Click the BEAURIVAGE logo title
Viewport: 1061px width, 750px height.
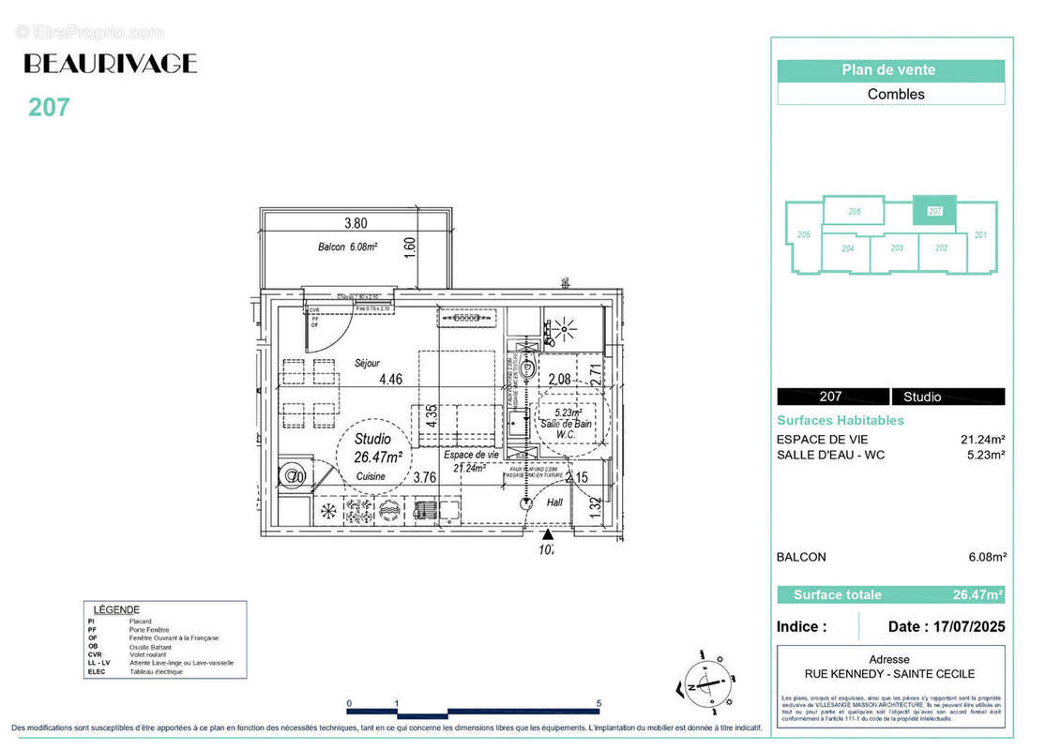coord(110,64)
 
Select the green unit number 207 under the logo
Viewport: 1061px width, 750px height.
coord(49,108)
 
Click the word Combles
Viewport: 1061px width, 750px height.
coord(895,94)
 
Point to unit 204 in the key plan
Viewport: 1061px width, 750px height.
coord(847,249)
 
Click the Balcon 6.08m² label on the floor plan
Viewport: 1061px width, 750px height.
coord(346,247)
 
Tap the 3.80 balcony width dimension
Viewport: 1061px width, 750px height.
coord(355,223)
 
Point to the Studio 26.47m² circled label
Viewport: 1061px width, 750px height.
coord(378,448)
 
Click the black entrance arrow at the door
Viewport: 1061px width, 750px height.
coord(548,533)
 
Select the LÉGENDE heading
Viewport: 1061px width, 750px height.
coord(112,609)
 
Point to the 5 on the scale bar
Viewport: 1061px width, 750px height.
coord(599,702)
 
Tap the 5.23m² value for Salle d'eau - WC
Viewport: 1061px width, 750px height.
coord(986,455)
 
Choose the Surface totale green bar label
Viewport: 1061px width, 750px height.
coord(837,594)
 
